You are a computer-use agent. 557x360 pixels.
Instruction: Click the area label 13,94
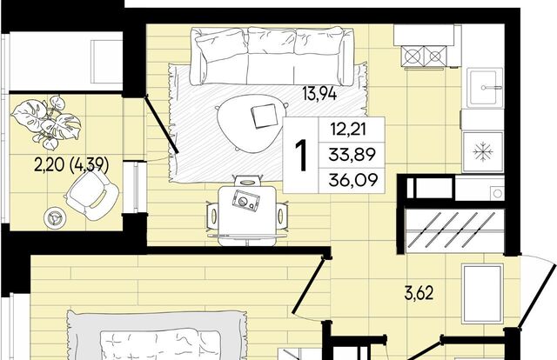[x=319, y=94]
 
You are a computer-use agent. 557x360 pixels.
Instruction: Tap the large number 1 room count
[x=301, y=155]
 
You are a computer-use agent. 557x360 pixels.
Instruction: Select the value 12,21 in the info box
[x=348, y=129]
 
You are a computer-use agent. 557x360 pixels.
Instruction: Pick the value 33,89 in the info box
[x=352, y=155]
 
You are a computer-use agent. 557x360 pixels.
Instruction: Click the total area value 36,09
[x=352, y=180]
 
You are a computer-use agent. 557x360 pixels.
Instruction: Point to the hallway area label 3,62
[x=419, y=294]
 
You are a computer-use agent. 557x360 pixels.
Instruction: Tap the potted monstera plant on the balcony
[x=47, y=122]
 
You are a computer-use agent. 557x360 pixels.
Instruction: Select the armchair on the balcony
[x=91, y=195]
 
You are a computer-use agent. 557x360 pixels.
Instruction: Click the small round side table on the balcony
[x=54, y=217]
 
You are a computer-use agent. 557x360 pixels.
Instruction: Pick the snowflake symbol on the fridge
[x=483, y=152]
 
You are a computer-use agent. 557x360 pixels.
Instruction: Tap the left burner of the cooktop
[x=413, y=57]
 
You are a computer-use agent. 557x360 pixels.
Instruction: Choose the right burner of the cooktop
[x=434, y=57]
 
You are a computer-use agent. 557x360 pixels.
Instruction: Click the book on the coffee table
[x=265, y=116]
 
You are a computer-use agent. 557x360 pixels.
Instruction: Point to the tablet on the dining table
[x=245, y=200]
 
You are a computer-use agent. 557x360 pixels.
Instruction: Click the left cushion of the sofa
[x=221, y=45]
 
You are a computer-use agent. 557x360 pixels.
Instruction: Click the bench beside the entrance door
[x=482, y=294]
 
